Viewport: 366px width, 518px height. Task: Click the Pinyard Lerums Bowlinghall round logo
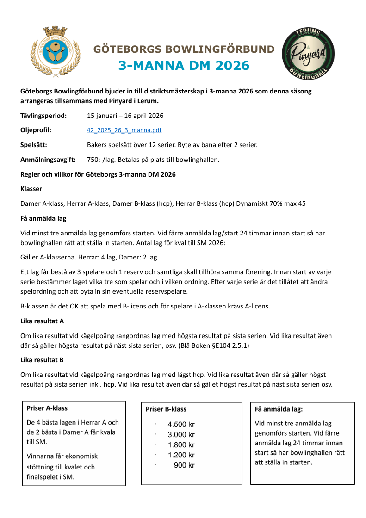(x=308, y=51)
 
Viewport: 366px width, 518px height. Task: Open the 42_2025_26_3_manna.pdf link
(x=124, y=130)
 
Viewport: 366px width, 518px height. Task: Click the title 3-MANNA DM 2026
(x=184, y=65)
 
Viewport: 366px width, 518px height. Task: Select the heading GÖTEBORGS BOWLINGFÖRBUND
(x=184, y=49)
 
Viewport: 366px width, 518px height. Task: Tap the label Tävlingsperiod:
(x=43, y=116)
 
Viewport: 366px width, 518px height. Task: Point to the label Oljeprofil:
(x=36, y=130)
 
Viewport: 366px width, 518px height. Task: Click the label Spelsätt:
(x=34, y=145)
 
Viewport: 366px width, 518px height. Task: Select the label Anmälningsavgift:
(x=48, y=160)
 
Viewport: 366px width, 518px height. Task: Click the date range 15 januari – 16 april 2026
(x=125, y=116)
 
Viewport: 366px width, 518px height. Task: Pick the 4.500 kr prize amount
(x=181, y=425)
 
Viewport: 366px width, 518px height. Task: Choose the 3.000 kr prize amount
(x=181, y=435)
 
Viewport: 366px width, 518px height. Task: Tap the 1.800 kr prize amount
(x=181, y=445)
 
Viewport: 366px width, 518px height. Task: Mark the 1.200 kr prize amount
(x=181, y=455)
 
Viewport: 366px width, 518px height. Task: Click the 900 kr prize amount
(x=184, y=465)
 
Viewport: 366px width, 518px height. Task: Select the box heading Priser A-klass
(x=47, y=408)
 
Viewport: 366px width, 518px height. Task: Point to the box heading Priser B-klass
(x=166, y=409)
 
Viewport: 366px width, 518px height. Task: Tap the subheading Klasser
(x=31, y=189)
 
